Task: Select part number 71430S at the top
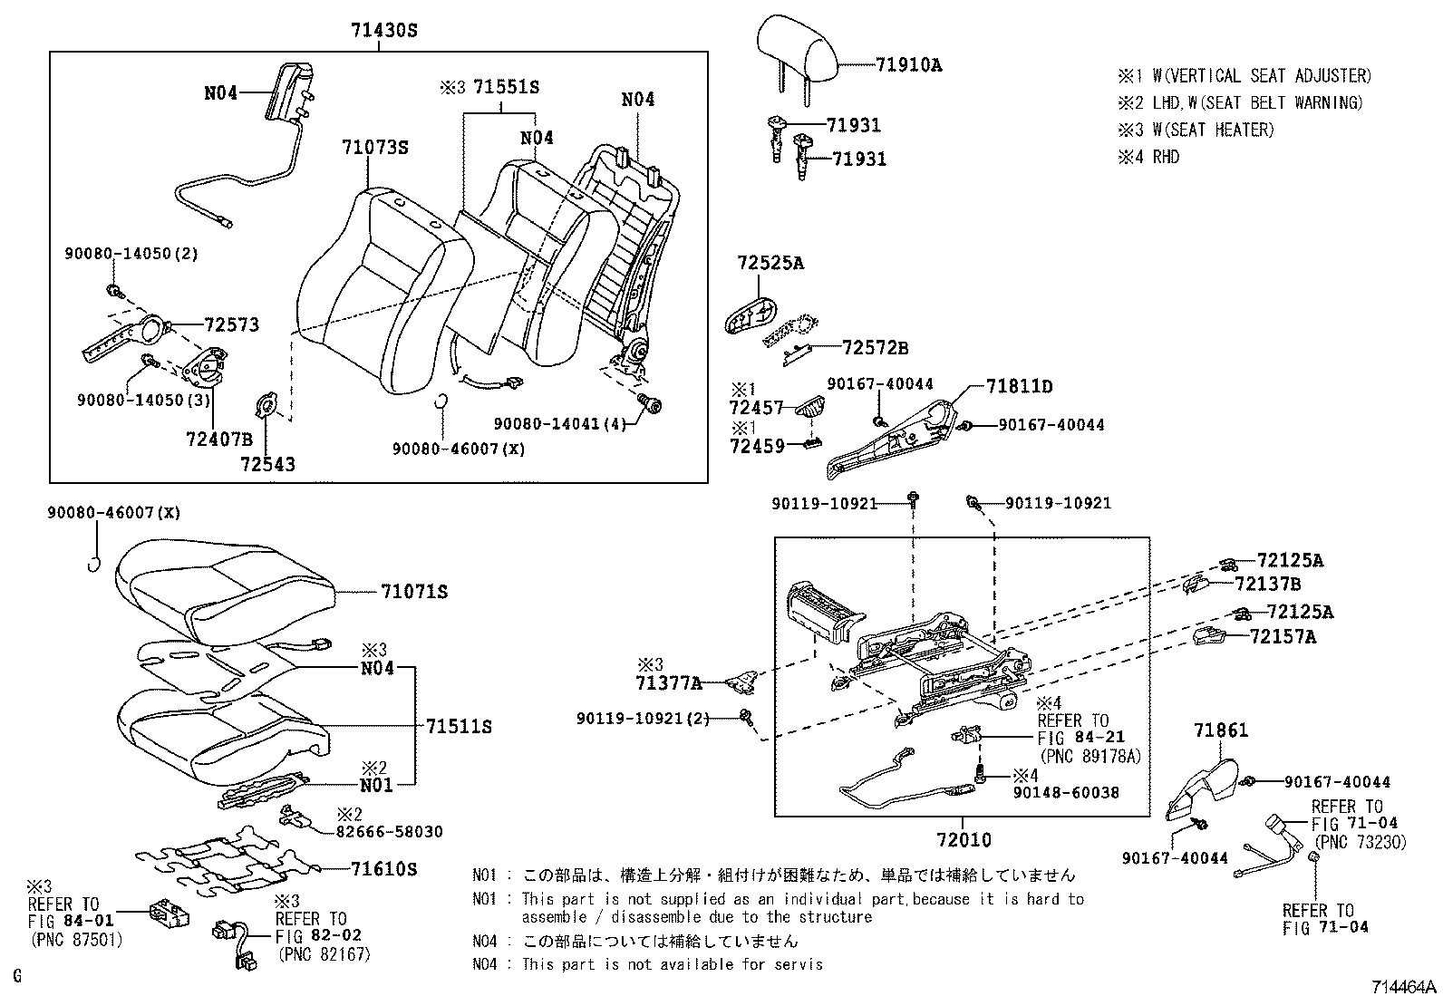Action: click(384, 30)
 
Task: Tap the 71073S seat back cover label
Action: click(375, 147)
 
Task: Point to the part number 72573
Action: click(231, 324)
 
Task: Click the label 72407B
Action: click(219, 440)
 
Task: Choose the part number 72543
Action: click(268, 465)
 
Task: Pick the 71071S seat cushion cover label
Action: click(414, 592)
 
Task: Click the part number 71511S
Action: click(459, 726)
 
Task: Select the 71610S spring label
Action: click(383, 869)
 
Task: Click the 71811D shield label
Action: click(1019, 387)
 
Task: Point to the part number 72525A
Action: click(770, 264)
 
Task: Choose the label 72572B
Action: click(875, 348)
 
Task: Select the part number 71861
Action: click(1220, 730)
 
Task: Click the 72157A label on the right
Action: click(1283, 637)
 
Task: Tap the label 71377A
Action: click(669, 682)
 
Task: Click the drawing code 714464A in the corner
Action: click(1403, 985)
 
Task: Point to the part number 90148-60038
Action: click(1065, 792)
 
